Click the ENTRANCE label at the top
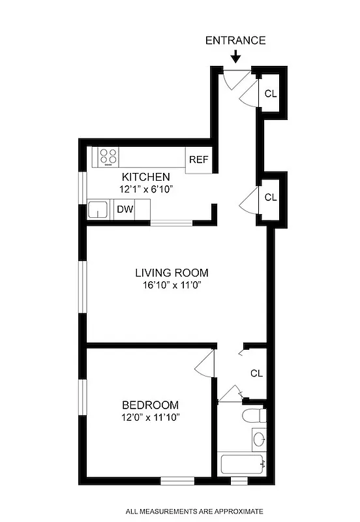tap(235, 40)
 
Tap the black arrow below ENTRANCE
tap(235, 58)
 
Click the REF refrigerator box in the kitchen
tap(198, 160)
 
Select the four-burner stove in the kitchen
tap(108, 156)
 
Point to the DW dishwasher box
tap(124, 209)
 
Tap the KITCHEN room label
tap(146, 177)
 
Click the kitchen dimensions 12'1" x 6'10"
tap(146, 189)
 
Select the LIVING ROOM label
tap(172, 273)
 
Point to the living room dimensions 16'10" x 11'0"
tap(172, 285)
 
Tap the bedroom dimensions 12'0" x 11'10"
tap(149, 417)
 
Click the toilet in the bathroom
tap(252, 416)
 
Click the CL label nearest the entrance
tap(270, 93)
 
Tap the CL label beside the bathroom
tap(256, 373)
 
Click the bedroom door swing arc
tap(205, 363)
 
